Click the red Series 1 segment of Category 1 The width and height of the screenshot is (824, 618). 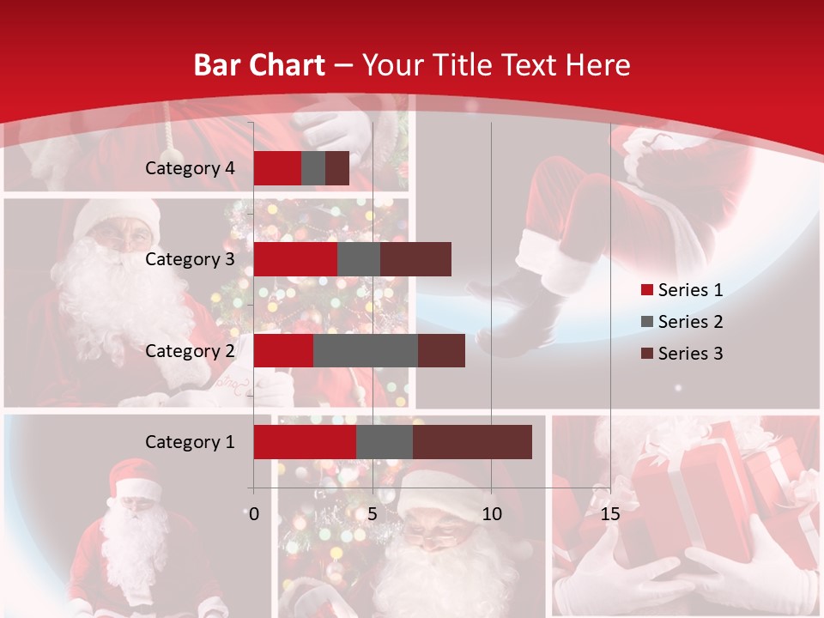click(305, 442)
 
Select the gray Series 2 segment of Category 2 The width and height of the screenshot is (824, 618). click(365, 350)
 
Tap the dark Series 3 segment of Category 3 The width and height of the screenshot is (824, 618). click(415, 259)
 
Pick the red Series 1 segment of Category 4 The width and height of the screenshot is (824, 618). click(277, 168)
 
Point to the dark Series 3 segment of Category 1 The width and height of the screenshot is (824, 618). click(472, 442)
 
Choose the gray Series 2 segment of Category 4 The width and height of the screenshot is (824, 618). click(313, 168)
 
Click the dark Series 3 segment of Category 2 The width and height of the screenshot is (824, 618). click(441, 350)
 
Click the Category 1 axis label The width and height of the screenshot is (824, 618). click(190, 442)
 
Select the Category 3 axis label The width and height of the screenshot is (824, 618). click(190, 259)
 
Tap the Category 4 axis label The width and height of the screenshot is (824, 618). click(190, 168)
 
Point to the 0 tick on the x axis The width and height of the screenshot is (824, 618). click(253, 514)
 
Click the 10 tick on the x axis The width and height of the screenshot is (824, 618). click(491, 514)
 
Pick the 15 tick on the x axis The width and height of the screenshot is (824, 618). click(610, 514)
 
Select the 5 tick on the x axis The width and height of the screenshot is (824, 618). click(373, 514)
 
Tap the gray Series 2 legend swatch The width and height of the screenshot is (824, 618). click(647, 322)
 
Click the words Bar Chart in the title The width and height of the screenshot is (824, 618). click(259, 65)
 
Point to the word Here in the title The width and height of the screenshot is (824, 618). click(597, 65)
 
